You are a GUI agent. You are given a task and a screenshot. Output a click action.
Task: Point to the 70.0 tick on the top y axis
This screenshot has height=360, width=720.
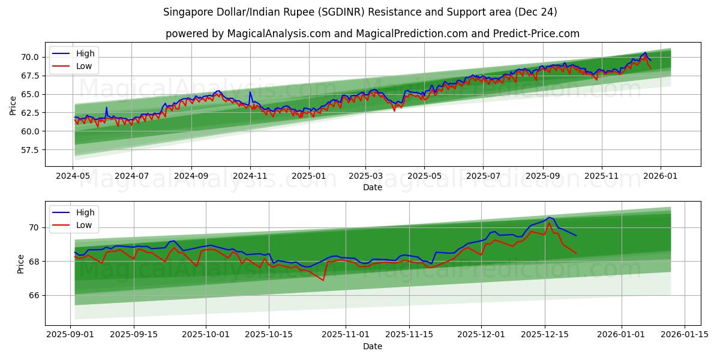pyautogui.click(x=30, y=57)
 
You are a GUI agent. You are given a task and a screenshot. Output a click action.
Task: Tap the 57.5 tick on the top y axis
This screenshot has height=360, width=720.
pyautogui.click(x=30, y=149)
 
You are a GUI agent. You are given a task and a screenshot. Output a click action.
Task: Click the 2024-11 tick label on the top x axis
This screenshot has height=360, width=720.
pyautogui.click(x=250, y=176)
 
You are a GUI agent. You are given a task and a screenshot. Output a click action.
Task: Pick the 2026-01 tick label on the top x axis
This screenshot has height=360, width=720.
pyautogui.click(x=661, y=176)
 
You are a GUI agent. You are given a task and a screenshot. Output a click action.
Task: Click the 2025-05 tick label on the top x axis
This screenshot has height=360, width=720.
pyautogui.click(x=424, y=176)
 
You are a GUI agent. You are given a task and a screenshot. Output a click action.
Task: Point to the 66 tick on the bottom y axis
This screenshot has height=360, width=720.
pyautogui.click(x=33, y=295)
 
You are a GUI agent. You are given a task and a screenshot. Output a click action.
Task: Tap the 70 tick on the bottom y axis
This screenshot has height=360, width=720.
pyautogui.click(x=33, y=227)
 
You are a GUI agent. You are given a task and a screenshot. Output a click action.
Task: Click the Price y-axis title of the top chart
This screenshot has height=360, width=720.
pyautogui.click(x=13, y=106)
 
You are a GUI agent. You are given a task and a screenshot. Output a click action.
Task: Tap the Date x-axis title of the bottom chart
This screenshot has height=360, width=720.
pyautogui.click(x=372, y=346)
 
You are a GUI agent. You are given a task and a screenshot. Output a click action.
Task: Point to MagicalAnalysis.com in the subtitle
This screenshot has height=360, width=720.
pyautogui.click(x=271, y=34)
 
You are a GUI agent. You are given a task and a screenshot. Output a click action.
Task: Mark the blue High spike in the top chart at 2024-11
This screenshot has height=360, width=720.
pyautogui.click(x=250, y=92)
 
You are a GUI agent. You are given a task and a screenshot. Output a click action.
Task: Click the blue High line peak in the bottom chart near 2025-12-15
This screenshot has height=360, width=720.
pyautogui.click(x=548, y=217)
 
